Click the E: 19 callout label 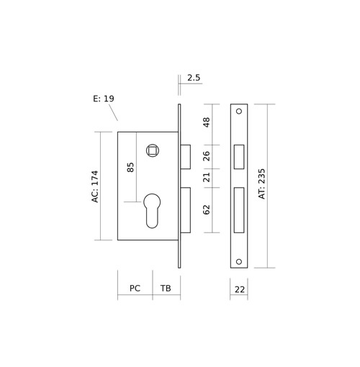104,99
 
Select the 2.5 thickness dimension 194,78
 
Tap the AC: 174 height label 95,186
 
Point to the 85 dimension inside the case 130,167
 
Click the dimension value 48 207,122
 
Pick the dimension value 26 207,156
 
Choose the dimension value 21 207,177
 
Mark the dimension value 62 207,209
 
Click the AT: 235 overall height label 262,183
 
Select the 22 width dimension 240,290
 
